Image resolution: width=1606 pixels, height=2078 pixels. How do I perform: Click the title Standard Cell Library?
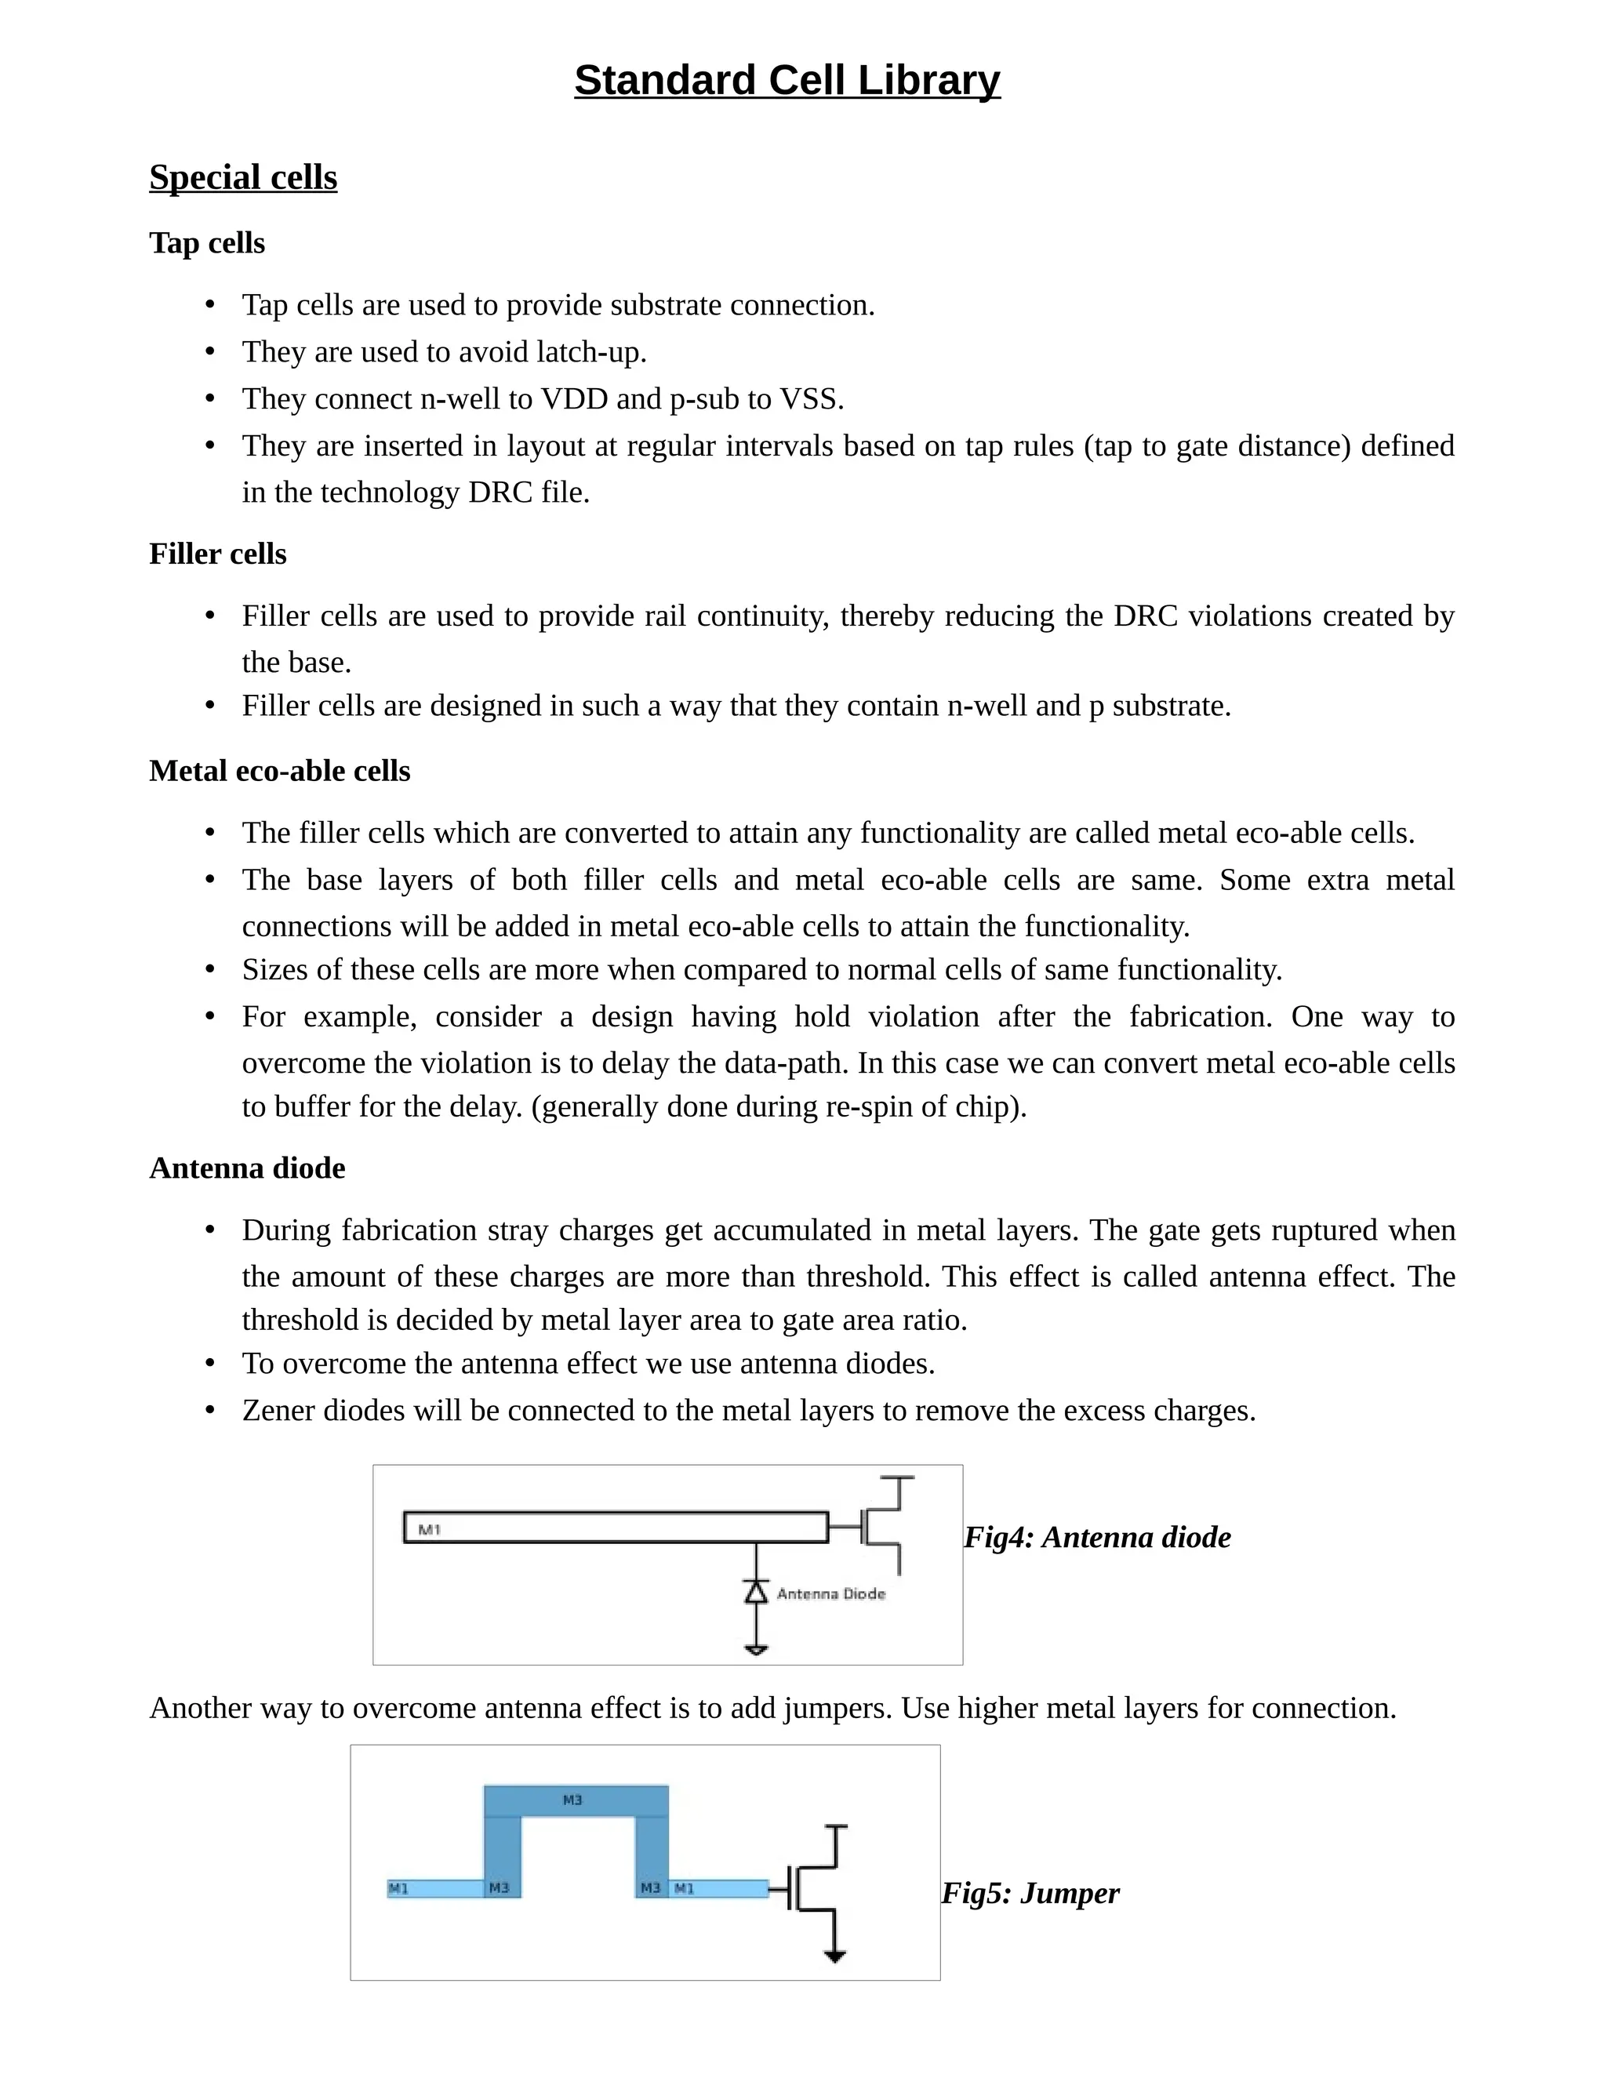(x=787, y=81)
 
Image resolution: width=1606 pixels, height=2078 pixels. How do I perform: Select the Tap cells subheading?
(x=206, y=244)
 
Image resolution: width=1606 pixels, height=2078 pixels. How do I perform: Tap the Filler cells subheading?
(x=217, y=554)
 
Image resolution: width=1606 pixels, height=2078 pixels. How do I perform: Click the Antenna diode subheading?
(x=246, y=1168)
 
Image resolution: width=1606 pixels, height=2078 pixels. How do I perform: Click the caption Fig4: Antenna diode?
(x=1096, y=1538)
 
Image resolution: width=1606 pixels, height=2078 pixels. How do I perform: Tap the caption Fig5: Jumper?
(x=1030, y=1894)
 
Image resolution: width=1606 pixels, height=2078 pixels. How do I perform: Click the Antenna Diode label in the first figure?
(x=830, y=1593)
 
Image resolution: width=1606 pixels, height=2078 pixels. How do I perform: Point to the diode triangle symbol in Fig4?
(x=755, y=1592)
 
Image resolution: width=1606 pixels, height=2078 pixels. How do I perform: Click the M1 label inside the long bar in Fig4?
(x=429, y=1530)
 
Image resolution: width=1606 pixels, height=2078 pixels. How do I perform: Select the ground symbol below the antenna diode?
(x=755, y=1649)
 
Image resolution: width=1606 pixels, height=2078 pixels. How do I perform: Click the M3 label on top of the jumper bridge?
(x=572, y=1800)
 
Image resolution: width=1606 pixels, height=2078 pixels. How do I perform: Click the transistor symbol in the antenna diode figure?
(x=880, y=1527)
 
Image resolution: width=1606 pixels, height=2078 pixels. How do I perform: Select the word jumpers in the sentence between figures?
(x=836, y=1709)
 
